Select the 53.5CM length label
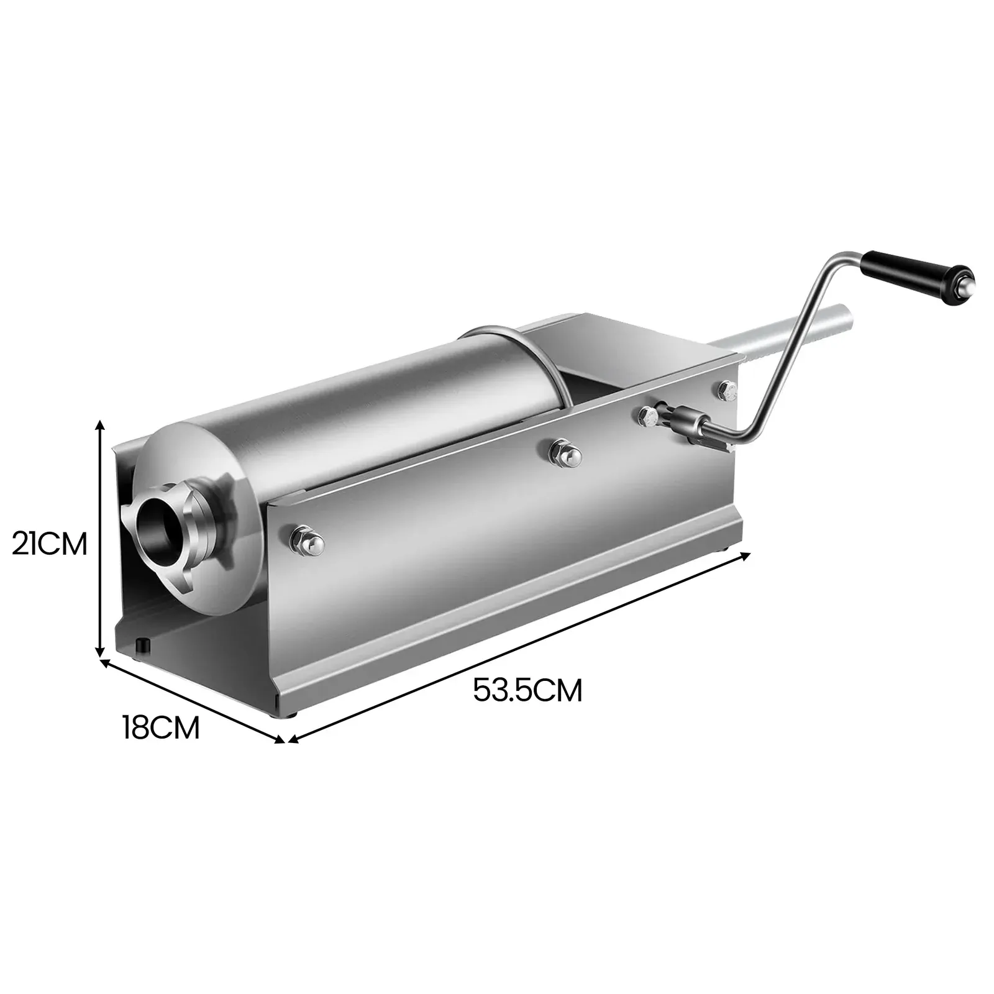pyautogui.click(x=527, y=690)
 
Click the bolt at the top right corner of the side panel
pyautogui.click(x=726, y=390)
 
